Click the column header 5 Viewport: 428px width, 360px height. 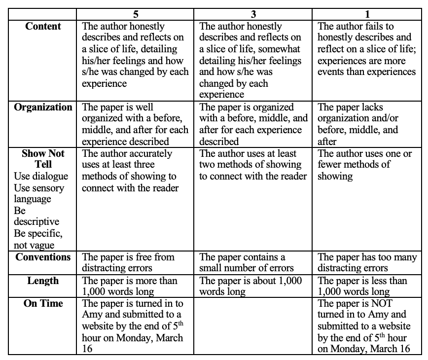pos(136,14)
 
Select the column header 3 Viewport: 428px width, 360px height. pos(253,14)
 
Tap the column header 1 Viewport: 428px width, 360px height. pos(367,14)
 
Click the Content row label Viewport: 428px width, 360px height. pos(43,27)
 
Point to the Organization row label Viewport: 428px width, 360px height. pos(43,108)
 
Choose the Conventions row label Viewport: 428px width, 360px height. pos(43,257)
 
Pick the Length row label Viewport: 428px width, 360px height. pos(43,281)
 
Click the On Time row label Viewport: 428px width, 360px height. pos(43,304)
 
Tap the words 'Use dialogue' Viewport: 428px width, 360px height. pos(41,177)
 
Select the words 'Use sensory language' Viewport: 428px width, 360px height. pos(39,193)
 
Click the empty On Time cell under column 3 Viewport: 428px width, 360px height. pos(253,326)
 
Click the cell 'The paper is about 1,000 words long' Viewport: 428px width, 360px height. pos(253,287)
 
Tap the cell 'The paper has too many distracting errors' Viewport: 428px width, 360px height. pos(367,263)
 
